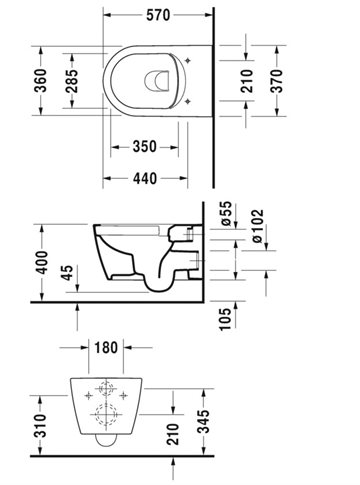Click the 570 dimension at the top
[x=158, y=15]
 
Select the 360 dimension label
[x=41, y=81]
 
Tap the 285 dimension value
[x=71, y=81]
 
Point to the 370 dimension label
[x=276, y=81]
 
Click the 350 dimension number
[x=144, y=147]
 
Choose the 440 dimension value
[x=145, y=179]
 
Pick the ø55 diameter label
[x=226, y=214]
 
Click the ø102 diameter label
[x=258, y=226]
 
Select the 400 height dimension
[x=42, y=263]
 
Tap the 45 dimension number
[x=67, y=273]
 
